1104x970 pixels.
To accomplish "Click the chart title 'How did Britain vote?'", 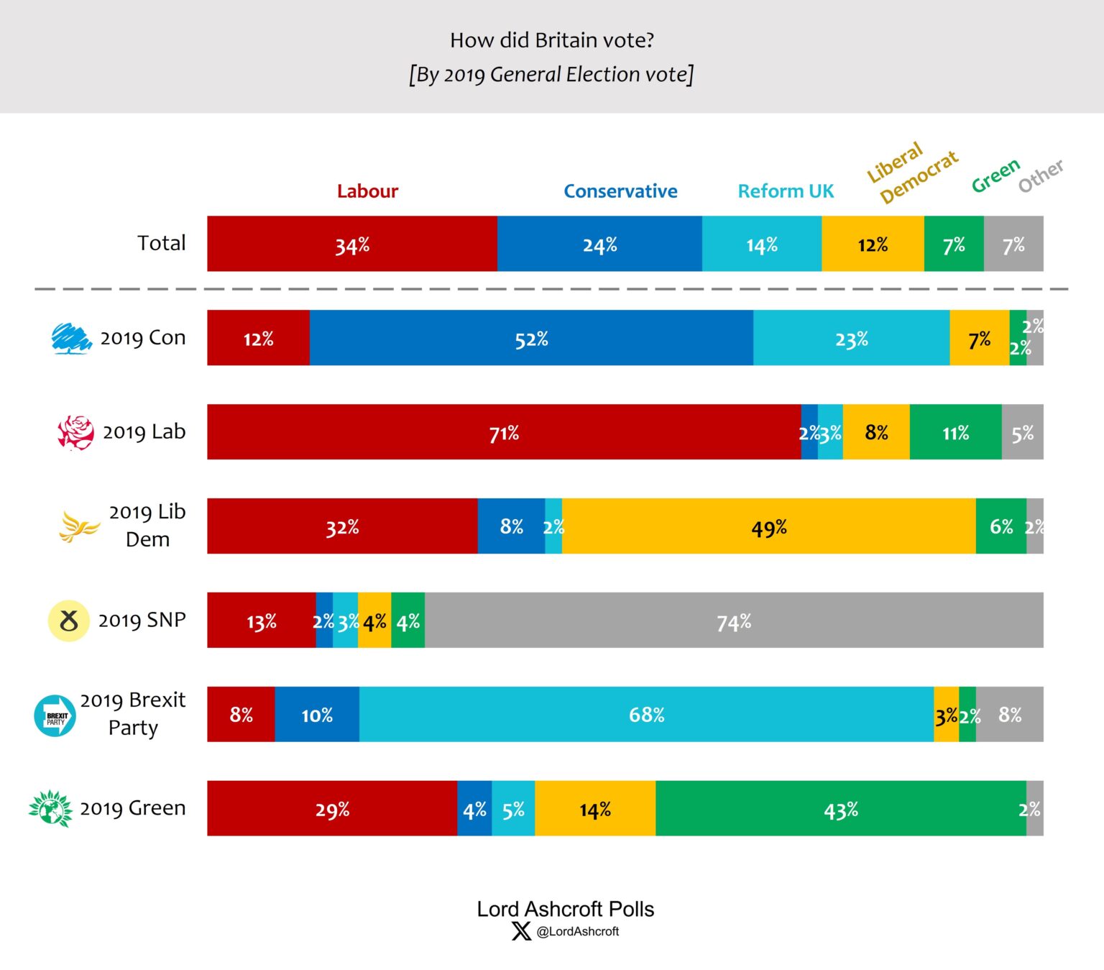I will [551, 40].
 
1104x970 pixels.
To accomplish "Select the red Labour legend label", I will [367, 191].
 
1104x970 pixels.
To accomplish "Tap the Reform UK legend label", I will [786, 191].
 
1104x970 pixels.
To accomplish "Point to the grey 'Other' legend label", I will [1040, 175].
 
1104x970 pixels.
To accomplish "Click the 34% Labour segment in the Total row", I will [352, 244].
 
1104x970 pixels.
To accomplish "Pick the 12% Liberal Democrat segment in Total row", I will [873, 244].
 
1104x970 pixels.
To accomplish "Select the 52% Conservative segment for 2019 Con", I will [531, 339].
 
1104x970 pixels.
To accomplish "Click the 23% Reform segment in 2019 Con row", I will [851, 339].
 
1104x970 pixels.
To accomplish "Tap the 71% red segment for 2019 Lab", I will [504, 433].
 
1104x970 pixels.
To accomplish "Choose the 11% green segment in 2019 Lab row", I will [955, 433].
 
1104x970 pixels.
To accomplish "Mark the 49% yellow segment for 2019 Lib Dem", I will [768, 527].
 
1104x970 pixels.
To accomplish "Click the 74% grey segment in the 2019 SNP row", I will [734, 621].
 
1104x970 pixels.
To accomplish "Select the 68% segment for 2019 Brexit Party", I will [646, 715].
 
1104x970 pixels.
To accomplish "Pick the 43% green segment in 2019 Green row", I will [840, 809].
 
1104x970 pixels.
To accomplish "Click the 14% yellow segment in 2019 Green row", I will [595, 809].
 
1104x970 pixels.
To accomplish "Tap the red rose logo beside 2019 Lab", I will [75, 433].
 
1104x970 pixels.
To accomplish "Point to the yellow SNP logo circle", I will [68, 621].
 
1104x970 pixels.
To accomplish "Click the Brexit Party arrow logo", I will [55, 715].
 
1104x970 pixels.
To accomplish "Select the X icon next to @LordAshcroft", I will [521, 931].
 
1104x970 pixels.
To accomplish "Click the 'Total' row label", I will [162, 243].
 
